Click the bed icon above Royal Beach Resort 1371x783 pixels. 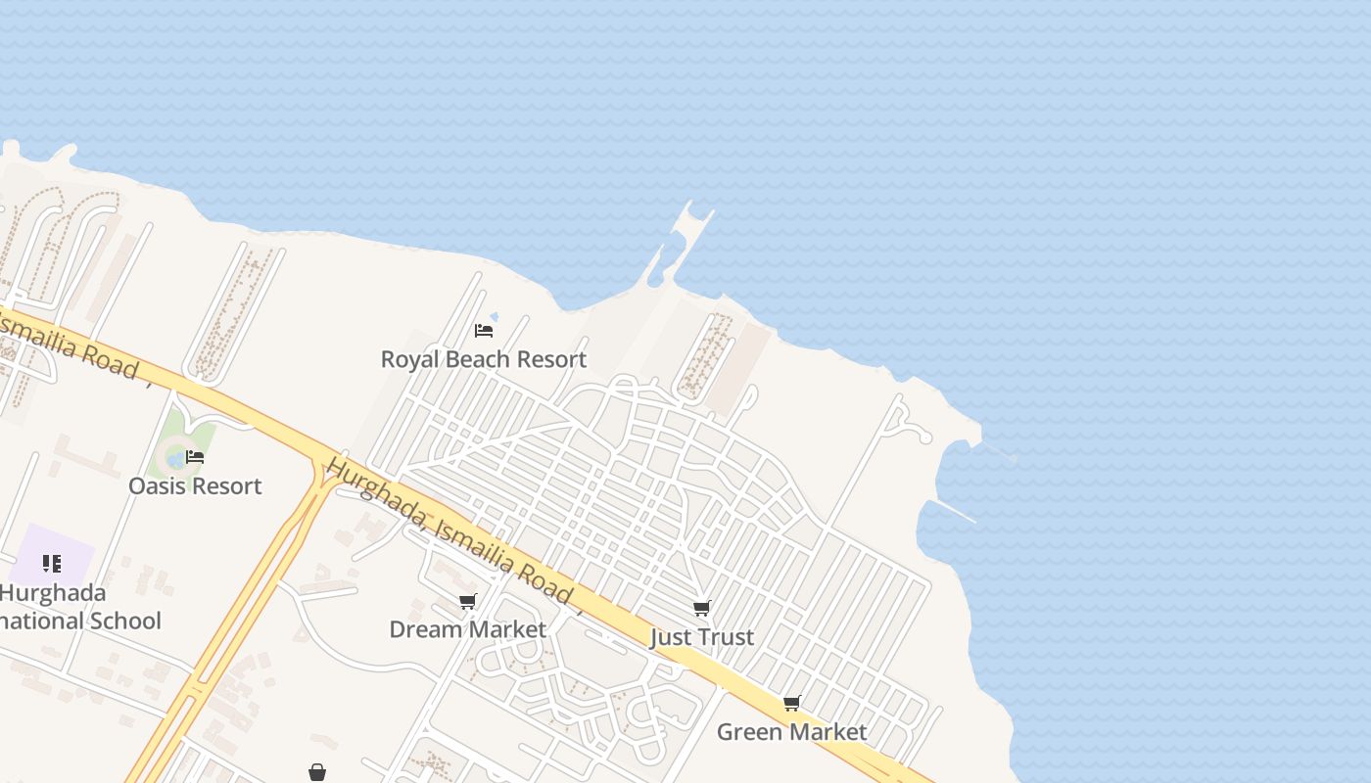pyautogui.click(x=483, y=331)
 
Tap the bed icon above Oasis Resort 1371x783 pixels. pyautogui.click(x=195, y=457)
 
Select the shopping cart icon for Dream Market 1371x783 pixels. pyautogui.click(x=468, y=601)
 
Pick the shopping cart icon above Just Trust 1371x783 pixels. pyautogui.click(x=701, y=609)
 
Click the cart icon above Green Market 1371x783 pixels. pyautogui.click(x=791, y=703)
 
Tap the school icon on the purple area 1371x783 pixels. pyautogui.click(x=52, y=563)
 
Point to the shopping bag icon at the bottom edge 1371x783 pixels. pyautogui.click(x=316, y=772)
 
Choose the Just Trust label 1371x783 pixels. pyautogui.click(x=702, y=637)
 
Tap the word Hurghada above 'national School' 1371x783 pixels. pyautogui.click(x=53, y=592)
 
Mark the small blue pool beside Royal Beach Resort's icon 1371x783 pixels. pyautogui.click(x=494, y=317)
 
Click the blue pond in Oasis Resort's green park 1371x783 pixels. pyautogui.click(x=176, y=457)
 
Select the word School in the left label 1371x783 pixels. pyautogui.click(x=122, y=621)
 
